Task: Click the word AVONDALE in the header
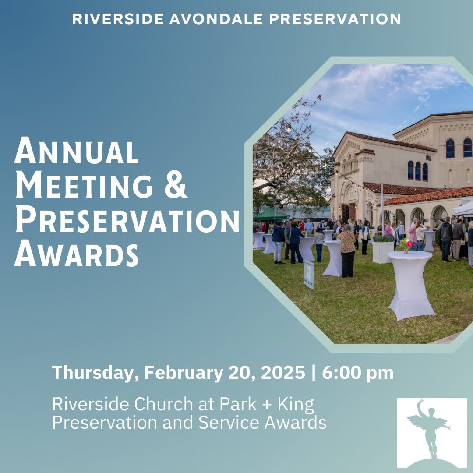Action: [216, 19]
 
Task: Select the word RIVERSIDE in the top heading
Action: [118, 19]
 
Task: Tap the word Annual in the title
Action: [76, 151]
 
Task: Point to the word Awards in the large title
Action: [76, 253]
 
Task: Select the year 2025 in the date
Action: [283, 373]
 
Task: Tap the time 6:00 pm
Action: [358, 373]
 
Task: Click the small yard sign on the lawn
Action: [309, 275]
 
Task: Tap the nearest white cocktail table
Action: [410, 285]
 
